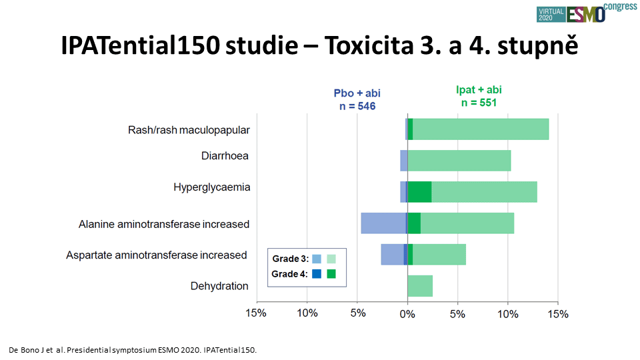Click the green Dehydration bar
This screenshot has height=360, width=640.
(420, 286)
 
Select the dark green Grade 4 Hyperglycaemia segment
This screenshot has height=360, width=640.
(419, 192)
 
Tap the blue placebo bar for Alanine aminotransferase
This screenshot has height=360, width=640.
(384, 223)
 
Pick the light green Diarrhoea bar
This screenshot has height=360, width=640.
(459, 161)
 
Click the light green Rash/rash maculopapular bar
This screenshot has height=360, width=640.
(481, 129)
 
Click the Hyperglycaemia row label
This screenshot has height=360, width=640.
(212, 187)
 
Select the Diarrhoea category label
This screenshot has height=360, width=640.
(225, 156)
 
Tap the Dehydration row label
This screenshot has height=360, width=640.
(219, 286)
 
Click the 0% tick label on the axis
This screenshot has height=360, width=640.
(407, 314)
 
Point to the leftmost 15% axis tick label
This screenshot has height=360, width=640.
(256, 313)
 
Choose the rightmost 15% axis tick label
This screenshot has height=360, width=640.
(558, 314)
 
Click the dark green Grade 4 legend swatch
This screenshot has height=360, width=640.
(331, 274)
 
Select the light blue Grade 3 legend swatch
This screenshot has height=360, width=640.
(316, 259)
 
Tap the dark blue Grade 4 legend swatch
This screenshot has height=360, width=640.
(316, 274)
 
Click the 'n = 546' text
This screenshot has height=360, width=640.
(357, 106)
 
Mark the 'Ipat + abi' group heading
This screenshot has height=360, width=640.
(479, 90)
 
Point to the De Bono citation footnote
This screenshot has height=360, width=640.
(133, 350)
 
